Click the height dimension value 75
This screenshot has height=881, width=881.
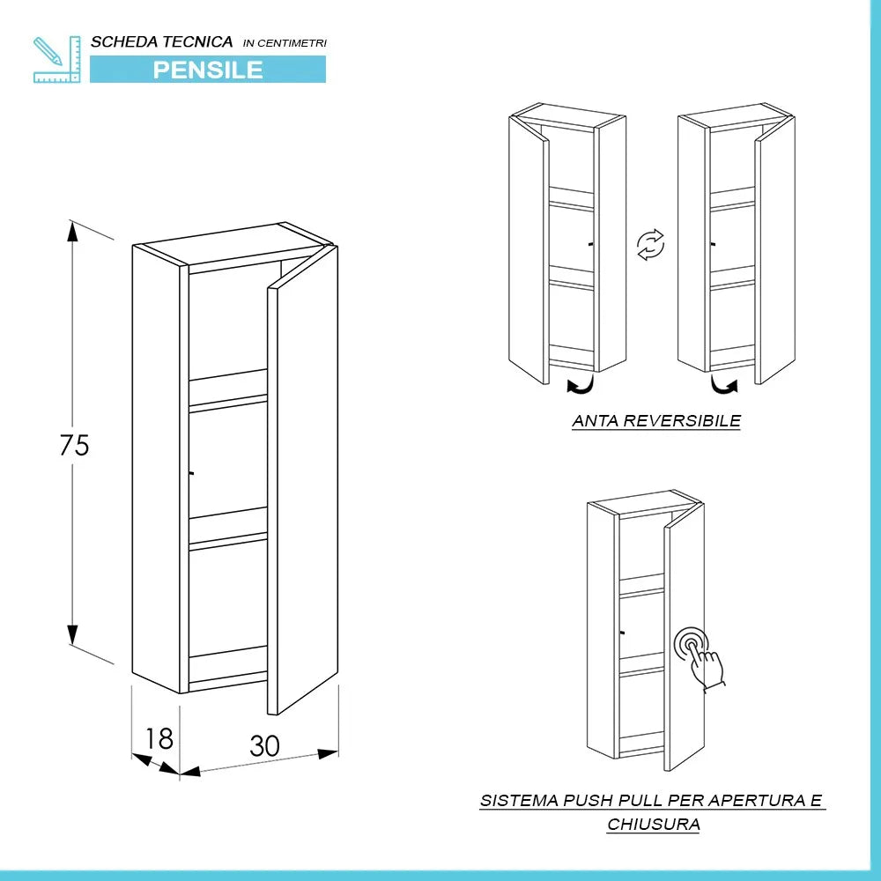pos(75,446)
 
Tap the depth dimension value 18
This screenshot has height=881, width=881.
pos(159,738)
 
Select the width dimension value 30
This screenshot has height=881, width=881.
pos(264,746)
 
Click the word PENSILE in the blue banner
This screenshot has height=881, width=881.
pos(208,70)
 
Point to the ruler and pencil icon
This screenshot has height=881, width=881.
pos(56,60)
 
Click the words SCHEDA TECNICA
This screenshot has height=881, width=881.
pos(162,41)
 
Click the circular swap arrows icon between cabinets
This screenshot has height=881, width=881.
pos(651,244)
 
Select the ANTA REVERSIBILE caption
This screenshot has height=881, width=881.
pos(656,421)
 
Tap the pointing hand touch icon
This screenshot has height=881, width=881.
pos(700,657)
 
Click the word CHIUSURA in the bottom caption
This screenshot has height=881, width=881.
pos(653,825)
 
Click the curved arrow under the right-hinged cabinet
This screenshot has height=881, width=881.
pos(724,385)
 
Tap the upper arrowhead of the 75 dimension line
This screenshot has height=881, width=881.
pos(72,233)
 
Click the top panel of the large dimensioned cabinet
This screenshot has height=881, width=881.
pos(233,243)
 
